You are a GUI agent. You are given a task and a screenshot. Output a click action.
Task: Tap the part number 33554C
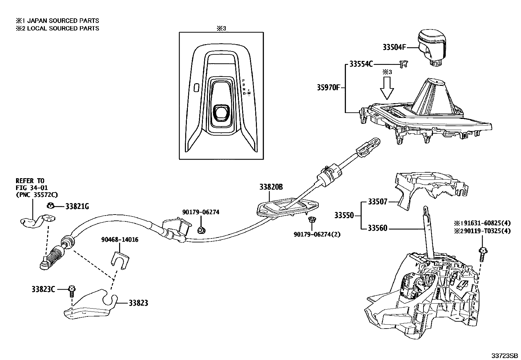pos(361,64)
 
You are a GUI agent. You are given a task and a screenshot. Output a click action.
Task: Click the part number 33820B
pos(271,187)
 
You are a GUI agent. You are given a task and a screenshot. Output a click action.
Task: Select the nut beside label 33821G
pos(50,206)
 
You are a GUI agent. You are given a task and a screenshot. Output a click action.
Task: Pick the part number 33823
pos(138,303)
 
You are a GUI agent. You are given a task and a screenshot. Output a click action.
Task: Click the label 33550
pos(344,216)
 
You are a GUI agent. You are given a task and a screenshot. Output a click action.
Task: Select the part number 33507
pos(377,202)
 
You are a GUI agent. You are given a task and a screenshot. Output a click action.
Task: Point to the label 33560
pos(377,228)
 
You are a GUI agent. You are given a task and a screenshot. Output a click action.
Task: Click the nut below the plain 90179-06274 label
pos(202,230)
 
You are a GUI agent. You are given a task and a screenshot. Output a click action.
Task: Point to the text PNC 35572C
pos(37,195)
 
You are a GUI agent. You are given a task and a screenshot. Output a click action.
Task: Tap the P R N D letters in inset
pos(244,87)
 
